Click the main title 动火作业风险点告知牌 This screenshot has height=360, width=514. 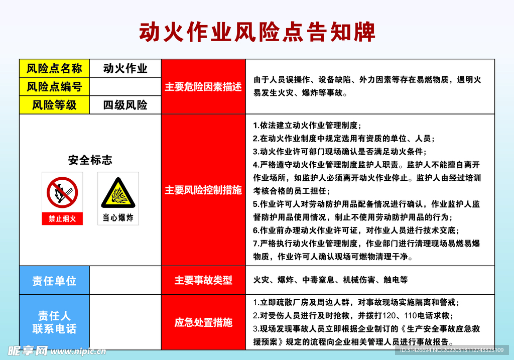pyautogui.click(x=257, y=33)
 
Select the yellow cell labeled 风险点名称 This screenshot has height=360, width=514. pyautogui.click(x=54, y=68)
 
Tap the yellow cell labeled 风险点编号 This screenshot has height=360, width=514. pyautogui.click(x=54, y=87)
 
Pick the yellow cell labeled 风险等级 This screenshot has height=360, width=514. pyautogui.click(x=54, y=105)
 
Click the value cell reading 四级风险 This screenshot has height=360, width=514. pyautogui.click(x=125, y=105)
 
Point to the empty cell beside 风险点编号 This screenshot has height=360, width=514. pyautogui.click(x=125, y=87)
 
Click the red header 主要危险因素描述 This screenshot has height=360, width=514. pyautogui.click(x=203, y=87)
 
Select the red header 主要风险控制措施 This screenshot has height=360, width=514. pyautogui.click(x=203, y=190)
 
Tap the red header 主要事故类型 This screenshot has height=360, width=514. pyautogui.click(x=203, y=280)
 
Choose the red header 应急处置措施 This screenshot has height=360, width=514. pyautogui.click(x=203, y=322)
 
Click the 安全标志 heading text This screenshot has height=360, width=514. pyautogui.click(x=90, y=160)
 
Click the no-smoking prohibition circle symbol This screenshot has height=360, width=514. pyautogui.click(x=62, y=192)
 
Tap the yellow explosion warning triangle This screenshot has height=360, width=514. pyautogui.click(x=118, y=193)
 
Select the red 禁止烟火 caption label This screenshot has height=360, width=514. pyautogui.click(x=62, y=218)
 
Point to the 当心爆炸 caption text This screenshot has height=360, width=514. pyautogui.click(x=118, y=218)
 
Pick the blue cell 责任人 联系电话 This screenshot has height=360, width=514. pyautogui.click(x=54, y=322)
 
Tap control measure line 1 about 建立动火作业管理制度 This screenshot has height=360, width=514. pyautogui.click(x=307, y=126)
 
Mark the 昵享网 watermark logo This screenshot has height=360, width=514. pyautogui.click(x=28, y=350)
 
